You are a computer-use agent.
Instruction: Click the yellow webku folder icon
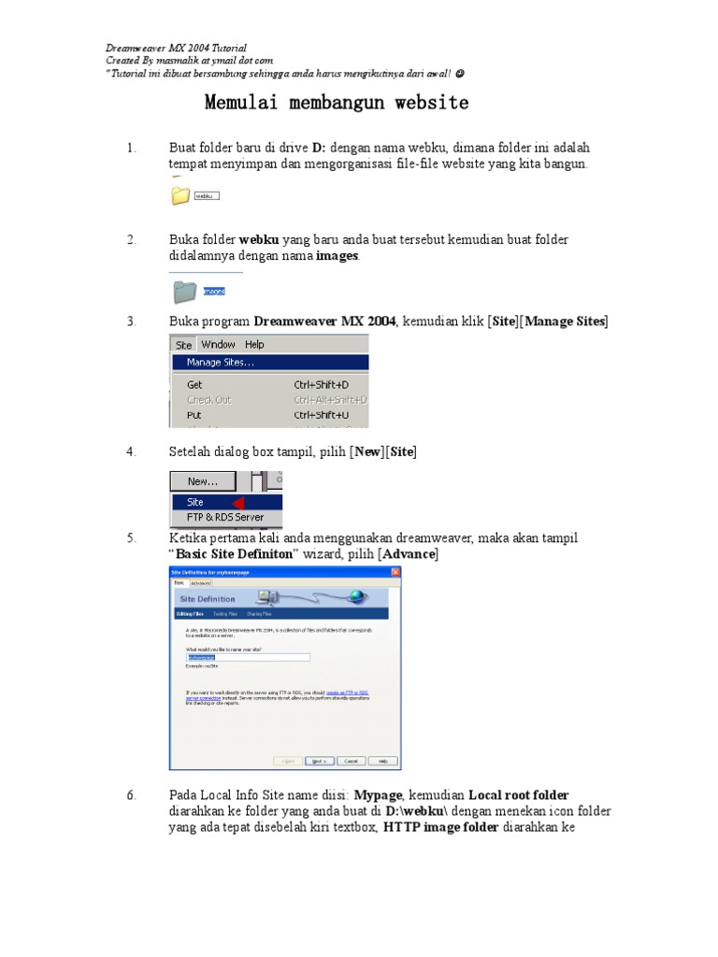coord(179,195)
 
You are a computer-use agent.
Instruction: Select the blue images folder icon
coord(184,292)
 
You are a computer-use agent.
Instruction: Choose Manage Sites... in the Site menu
coord(220,363)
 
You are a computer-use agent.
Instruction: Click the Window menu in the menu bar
coord(219,345)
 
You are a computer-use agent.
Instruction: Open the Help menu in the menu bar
coord(255,345)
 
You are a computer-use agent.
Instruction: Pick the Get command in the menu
coord(194,384)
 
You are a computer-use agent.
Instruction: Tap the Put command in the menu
coord(194,415)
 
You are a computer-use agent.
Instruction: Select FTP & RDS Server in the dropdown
coord(225,517)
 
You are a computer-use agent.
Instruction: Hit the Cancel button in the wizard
coord(352,761)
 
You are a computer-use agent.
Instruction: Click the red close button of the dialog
coord(396,573)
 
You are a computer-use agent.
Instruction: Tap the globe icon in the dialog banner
coord(356,597)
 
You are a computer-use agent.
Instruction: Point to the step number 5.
coord(132,538)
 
